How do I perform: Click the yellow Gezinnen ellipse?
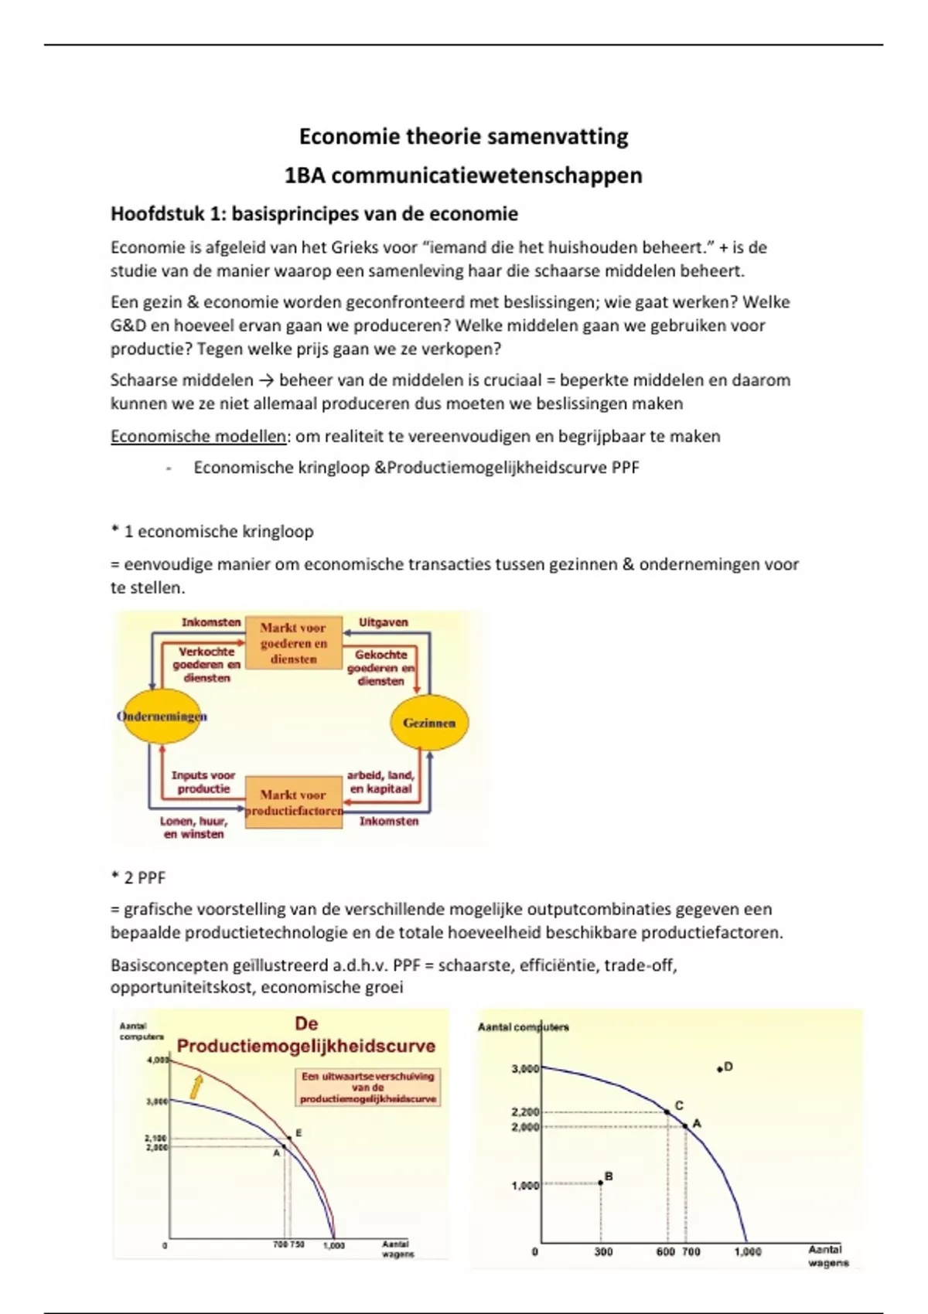pyautogui.click(x=429, y=723)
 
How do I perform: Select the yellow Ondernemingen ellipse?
pyautogui.click(x=162, y=716)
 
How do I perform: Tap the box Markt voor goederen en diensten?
pyautogui.click(x=294, y=643)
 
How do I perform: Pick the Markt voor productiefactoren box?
pyautogui.click(x=294, y=802)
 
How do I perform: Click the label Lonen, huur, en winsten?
pyautogui.click(x=193, y=827)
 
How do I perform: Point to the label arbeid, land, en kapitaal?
pyautogui.click(x=380, y=781)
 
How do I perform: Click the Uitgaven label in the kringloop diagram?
pyautogui.click(x=383, y=622)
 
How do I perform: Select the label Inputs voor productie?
pyautogui.click(x=203, y=781)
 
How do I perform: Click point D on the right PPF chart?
pyautogui.click(x=719, y=1069)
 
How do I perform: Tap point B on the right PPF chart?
pyautogui.click(x=601, y=1183)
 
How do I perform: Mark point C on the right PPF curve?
pyautogui.click(x=667, y=1112)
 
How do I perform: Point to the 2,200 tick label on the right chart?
pyautogui.click(x=525, y=1112)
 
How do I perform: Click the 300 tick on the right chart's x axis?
pyautogui.click(x=603, y=1251)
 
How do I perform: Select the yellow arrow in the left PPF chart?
pyautogui.click(x=196, y=1087)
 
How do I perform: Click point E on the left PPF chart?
pyautogui.click(x=290, y=1138)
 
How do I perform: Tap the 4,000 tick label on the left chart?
pyautogui.click(x=157, y=1060)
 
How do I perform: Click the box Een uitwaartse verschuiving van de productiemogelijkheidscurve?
pyautogui.click(x=368, y=1087)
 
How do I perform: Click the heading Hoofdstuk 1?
pyautogui.click(x=314, y=213)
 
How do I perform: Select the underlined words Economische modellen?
pyautogui.click(x=198, y=436)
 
